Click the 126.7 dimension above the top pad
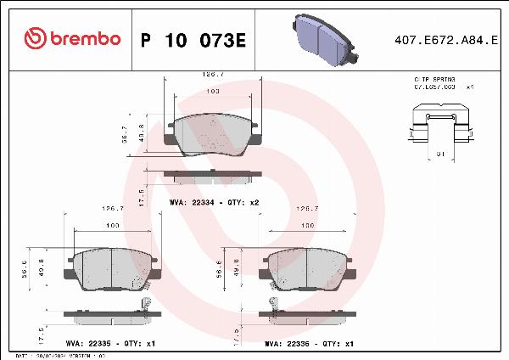click(x=213, y=74)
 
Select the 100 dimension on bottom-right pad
click(x=309, y=225)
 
